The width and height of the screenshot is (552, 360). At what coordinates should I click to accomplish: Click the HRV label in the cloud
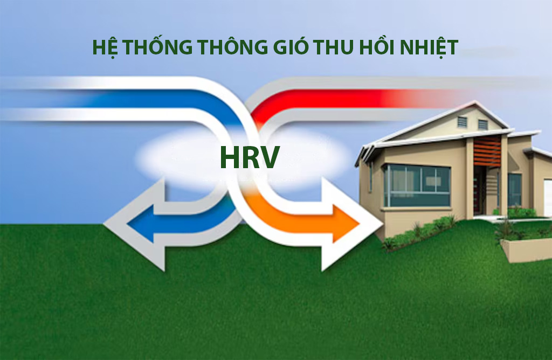tap(249, 157)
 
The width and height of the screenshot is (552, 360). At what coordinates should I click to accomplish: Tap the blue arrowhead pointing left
tap(135, 223)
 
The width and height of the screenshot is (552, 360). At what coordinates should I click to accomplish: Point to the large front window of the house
tap(417, 186)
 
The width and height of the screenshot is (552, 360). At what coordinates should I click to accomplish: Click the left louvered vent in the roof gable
tap(462, 122)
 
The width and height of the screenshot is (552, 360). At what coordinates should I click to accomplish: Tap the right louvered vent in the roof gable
tap(482, 124)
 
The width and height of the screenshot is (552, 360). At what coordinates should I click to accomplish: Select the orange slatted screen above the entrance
tap(487, 150)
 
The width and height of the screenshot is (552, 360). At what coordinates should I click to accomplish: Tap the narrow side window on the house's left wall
tap(371, 177)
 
